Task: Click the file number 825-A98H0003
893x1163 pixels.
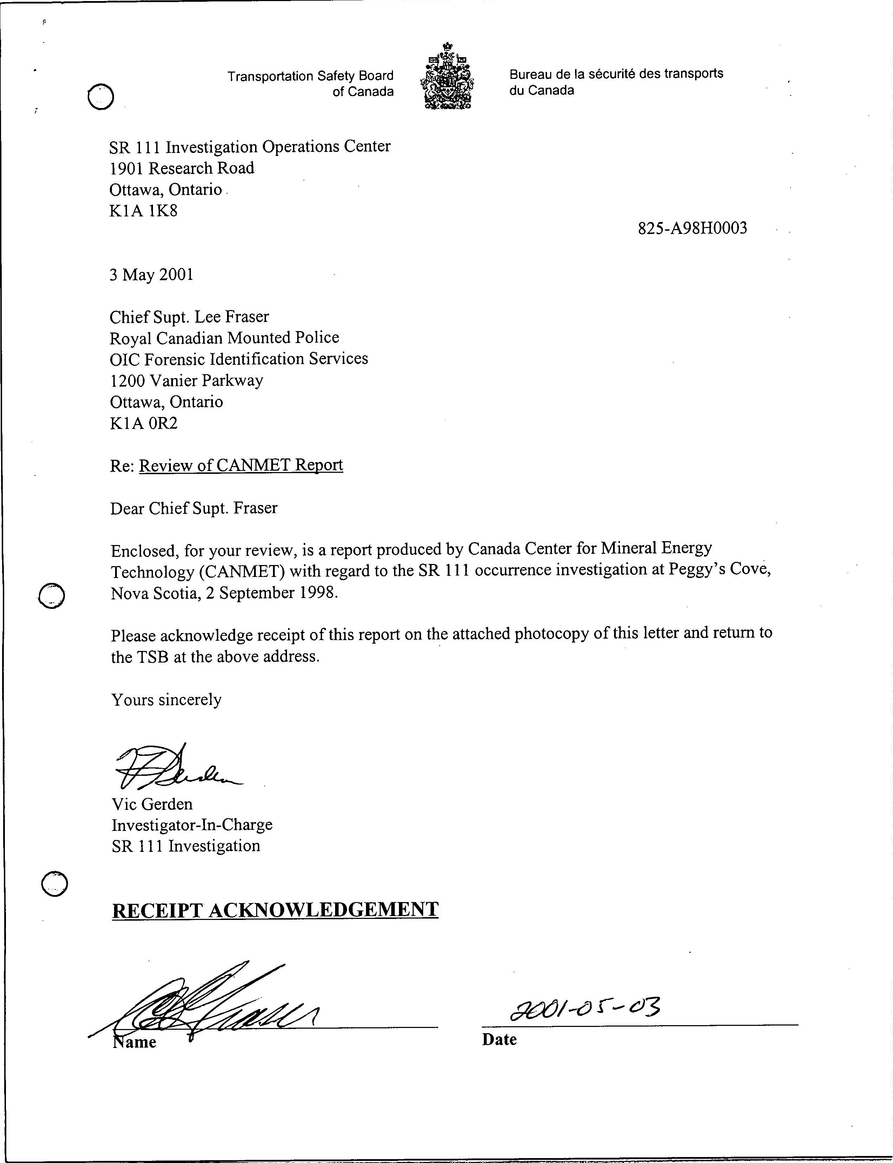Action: pos(692,228)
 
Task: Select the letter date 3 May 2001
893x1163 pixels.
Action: pos(152,275)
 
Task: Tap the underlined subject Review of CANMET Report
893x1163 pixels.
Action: pos(241,465)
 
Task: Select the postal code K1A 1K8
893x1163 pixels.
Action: pos(144,211)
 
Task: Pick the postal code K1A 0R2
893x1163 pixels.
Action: pos(144,423)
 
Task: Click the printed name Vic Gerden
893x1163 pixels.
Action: pos(152,804)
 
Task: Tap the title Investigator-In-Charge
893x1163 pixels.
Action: pos(192,825)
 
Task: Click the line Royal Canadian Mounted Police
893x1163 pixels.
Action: pos(224,338)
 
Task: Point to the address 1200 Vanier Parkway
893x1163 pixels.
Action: pos(187,381)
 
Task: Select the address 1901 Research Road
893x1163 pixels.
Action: pos(182,168)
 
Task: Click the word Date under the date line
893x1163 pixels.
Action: pos(499,1039)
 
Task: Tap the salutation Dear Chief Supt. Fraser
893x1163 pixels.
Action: pos(193,509)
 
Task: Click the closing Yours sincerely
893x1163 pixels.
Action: pos(166,700)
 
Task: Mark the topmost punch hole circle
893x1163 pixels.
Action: pos(100,97)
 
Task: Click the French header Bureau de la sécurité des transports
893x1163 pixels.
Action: pos(616,74)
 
